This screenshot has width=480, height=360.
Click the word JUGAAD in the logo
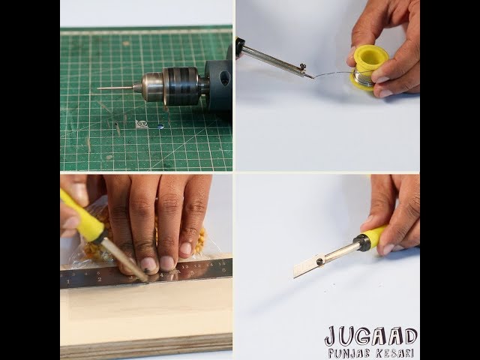[370, 336]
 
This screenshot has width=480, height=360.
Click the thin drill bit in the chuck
[115, 88]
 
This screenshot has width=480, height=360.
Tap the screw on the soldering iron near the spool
[303, 65]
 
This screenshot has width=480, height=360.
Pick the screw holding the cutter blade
[320, 262]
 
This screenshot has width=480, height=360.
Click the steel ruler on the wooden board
[146, 273]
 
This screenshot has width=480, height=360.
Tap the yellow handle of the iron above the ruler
[82, 217]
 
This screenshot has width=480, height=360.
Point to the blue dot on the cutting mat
[160, 127]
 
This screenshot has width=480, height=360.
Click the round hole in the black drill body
[225, 78]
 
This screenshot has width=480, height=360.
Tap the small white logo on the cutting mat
[142, 124]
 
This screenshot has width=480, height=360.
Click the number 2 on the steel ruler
[99, 279]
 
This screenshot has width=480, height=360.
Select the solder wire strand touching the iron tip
[332, 74]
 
